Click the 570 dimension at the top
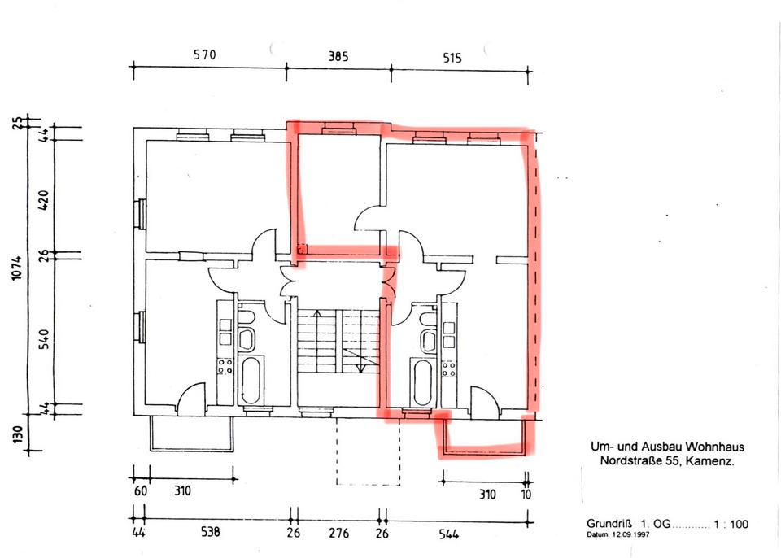(x=204, y=56)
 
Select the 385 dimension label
(x=338, y=57)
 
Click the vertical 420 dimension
(x=44, y=198)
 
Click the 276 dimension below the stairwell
(x=338, y=534)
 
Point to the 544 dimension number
(x=448, y=534)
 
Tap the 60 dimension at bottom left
(x=141, y=492)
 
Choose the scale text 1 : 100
(x=730, y=524)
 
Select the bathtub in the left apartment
(x=251, y=379)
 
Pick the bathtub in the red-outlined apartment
(x=421, y=380)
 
